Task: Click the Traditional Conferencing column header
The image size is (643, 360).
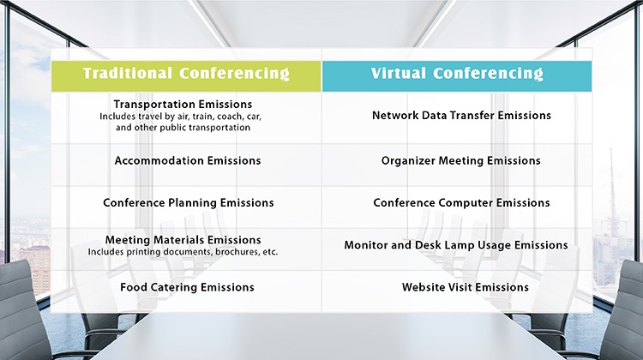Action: tap(186, 76)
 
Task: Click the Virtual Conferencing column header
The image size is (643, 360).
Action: tap(457, 76)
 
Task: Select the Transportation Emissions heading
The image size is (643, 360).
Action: tap(183, 105)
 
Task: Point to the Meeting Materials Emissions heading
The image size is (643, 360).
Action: tap(183, 239)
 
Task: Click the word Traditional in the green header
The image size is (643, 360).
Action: tap(128, 73)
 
